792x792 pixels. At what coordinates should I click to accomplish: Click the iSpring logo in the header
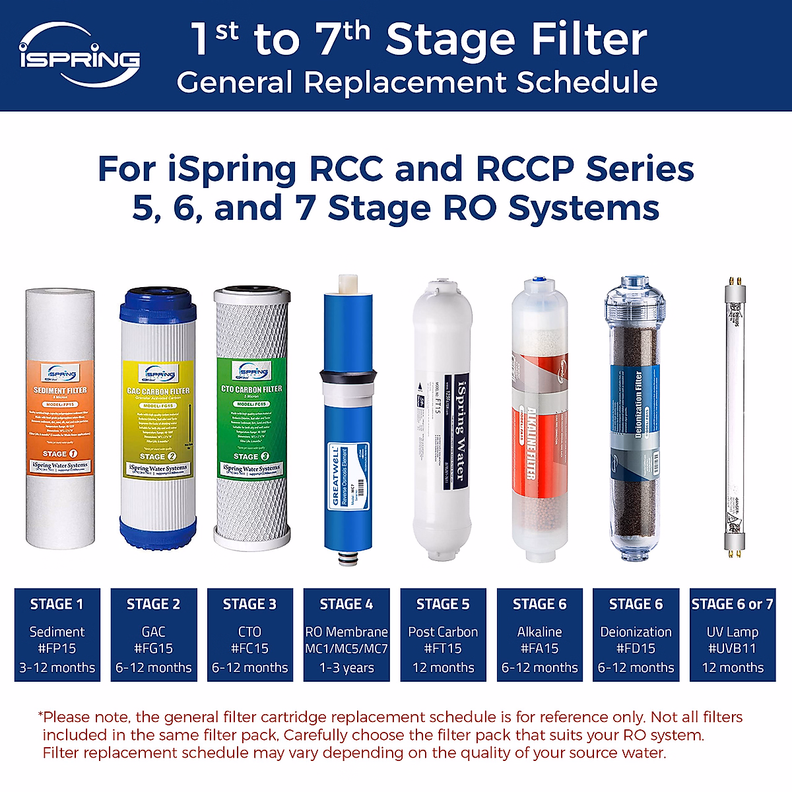pyautogui.click(x=79, y=55)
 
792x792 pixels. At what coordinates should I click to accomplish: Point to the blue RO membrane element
pyautogui.click(x=348, y=422)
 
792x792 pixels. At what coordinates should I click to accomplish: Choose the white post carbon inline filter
pyautogui.click(x=443, y=422)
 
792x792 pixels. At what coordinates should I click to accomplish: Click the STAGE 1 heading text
pyautogui.click(x=57, y=604)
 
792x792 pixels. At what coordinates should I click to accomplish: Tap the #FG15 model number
pyautogui.click(x=153, y=649)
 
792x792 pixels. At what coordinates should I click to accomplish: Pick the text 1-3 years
pyautogui.click(x=346, y=667)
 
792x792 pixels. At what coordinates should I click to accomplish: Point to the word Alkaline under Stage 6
pyautogui.click(x=539, y=632)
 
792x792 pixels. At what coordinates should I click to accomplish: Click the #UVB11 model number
pyautogui.click(x=732, y=649)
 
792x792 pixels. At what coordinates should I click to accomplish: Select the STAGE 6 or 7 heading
pyautogui.click(x=732, y=604)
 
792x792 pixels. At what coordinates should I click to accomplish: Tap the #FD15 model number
pyautogui.click(x=636, y=649)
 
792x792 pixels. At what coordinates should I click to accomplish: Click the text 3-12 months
pyautogui.click(x=57, y=667)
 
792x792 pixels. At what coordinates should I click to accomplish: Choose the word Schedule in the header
pyautogui.click(x=587, y=82)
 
